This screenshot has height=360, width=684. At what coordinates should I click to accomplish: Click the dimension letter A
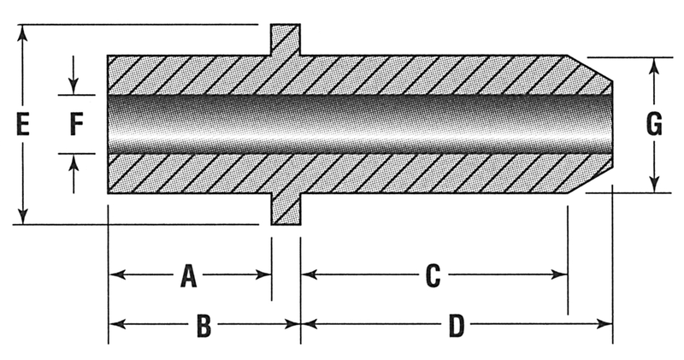tap(189, 275)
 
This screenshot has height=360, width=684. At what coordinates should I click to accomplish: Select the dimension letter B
tap(203, 325)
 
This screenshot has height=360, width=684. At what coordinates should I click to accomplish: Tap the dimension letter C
tap(433, 275)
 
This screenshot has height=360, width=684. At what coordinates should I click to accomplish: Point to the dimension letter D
tap(456, 325)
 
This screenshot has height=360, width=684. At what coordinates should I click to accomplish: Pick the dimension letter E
tap(23, 126)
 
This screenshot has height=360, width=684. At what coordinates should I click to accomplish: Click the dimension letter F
tap(75, 126)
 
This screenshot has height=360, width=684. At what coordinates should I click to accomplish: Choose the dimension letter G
tap(653, 126)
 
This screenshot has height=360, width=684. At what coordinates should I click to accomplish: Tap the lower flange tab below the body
tap(286, 210)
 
